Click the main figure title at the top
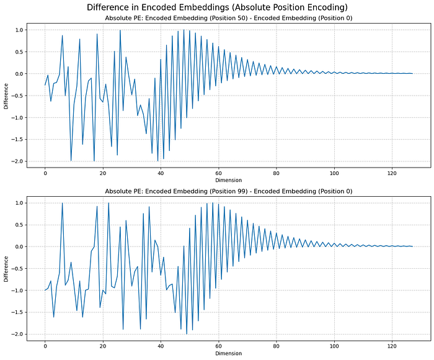click(216, 7)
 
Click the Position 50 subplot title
click(228, 18)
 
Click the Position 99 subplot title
click(228, 191)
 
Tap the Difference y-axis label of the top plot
click(6, 95)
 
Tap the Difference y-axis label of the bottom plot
click(6, 268)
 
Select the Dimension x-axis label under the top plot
click(228, 181)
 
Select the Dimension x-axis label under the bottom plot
click(228, 353)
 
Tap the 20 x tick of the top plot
click(103, 173)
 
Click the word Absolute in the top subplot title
click(120, 18)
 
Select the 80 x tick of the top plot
click(277, 173)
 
